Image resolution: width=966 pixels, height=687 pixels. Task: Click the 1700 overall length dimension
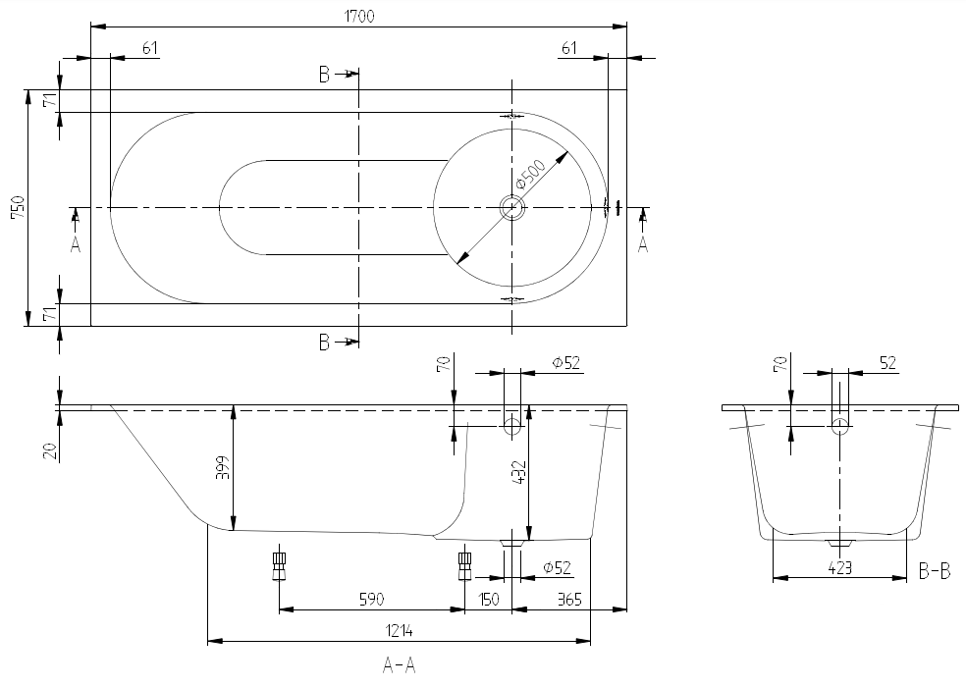pos(359,15)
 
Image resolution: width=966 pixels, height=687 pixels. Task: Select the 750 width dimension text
pos(17,208)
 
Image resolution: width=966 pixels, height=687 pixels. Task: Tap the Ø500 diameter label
pos(530,177)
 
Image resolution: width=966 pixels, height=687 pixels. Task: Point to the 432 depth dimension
pos(518,475)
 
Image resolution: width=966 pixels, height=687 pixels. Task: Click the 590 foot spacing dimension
pos(370,599)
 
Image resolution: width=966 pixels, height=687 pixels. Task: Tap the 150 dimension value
pos(489,599)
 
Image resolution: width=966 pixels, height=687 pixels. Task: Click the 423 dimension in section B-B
pos(838,567)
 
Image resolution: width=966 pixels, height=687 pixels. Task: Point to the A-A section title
pos(400,666)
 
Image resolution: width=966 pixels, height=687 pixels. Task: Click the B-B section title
pos(934,570)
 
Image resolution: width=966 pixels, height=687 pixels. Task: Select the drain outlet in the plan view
pos(512,207)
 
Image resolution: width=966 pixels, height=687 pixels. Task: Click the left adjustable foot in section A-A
pos(280,564)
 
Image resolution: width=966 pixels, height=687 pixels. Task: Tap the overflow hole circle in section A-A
pos(512,426)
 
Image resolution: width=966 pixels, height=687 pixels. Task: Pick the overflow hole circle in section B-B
pos(839,426)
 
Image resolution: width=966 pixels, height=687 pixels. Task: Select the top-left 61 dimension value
pos(149,48)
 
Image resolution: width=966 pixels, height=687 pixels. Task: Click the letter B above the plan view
pos(324,75)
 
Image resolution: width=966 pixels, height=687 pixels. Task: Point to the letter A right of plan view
pos(643,244)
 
